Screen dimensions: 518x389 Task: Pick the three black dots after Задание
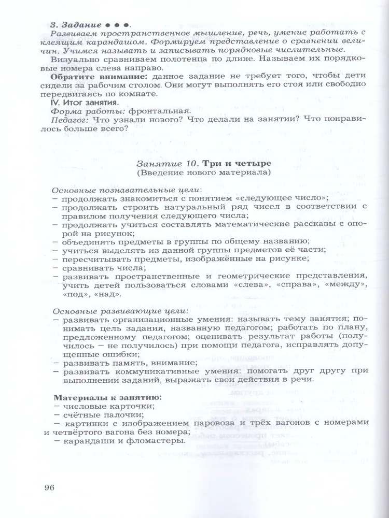click(117, 24)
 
